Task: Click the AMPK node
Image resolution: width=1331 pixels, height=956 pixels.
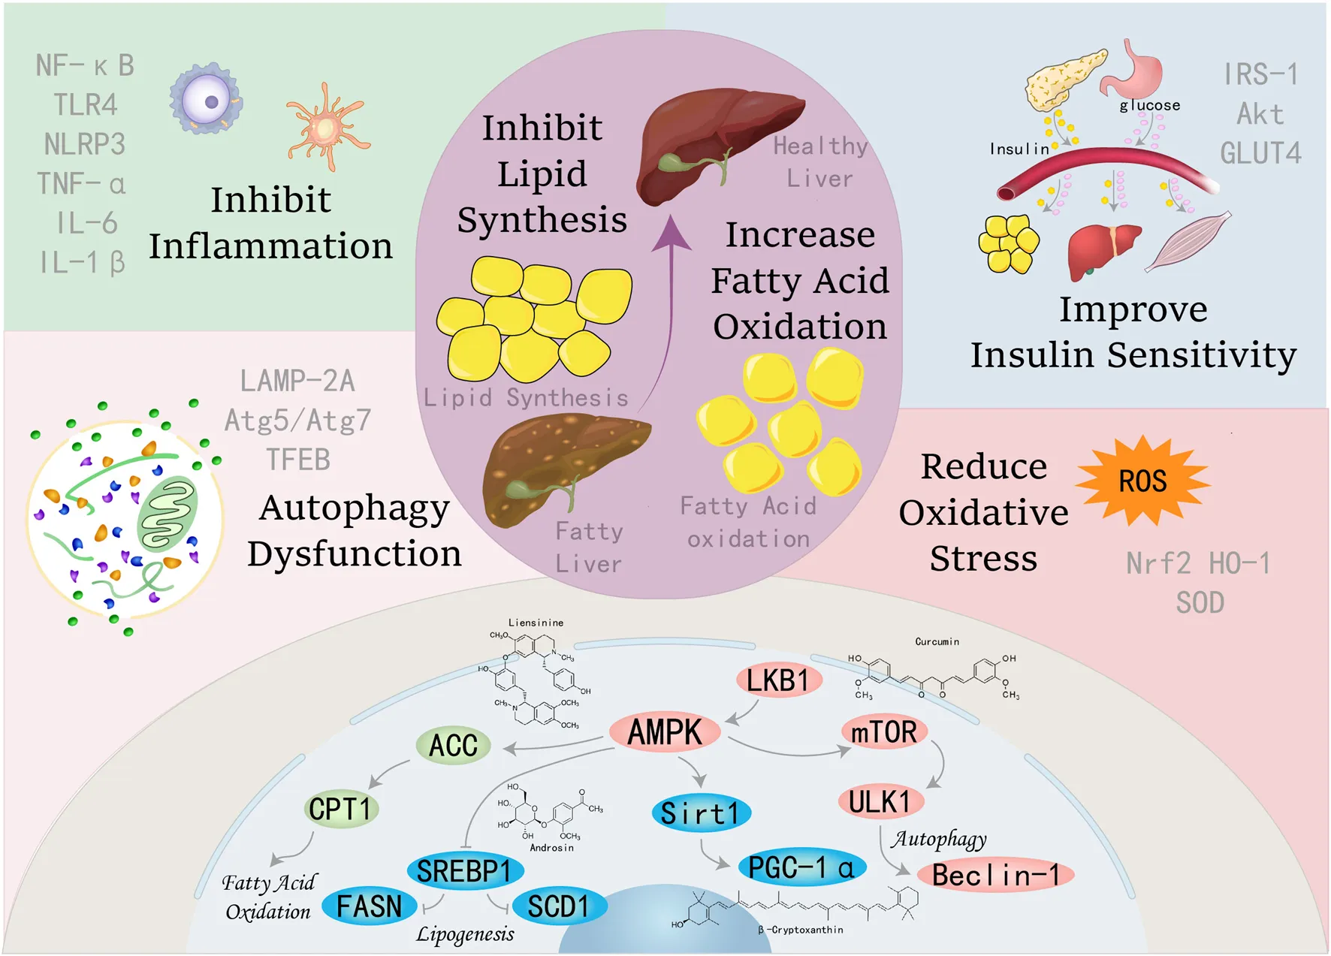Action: click(665, 732)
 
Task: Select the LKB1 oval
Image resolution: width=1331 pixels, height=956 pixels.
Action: click(778, 680)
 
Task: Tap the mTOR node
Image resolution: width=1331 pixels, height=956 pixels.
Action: click(884, 731)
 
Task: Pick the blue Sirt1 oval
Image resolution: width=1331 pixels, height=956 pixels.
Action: click(700, 813)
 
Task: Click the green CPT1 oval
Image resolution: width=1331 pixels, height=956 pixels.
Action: click(341, 809)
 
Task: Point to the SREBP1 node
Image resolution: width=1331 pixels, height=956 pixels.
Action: click(465, 871)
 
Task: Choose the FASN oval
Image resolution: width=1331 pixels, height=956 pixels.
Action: click(369, 906)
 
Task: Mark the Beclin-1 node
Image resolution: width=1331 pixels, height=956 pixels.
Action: click(996, 875)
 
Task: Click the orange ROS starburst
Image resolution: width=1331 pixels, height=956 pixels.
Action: click(1142, 481)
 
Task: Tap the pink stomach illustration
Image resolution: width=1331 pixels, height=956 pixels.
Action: click(1136, 69)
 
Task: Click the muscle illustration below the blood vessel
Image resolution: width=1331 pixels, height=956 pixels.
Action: click(1189, 241)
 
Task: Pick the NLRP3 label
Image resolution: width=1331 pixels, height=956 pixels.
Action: click(85, 144)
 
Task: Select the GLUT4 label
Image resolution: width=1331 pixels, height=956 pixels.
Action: click(1260, 153)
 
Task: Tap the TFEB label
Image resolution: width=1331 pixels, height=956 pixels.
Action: click(298, 460)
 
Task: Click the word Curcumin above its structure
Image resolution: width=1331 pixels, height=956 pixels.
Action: click(937, 641)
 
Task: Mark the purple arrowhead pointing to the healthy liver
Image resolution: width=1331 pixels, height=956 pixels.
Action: click(671, 234)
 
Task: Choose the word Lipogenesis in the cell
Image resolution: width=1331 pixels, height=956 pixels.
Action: click(465, 934)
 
